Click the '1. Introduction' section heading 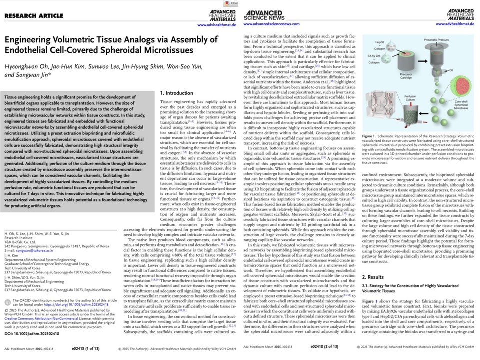tap(177, 93)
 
